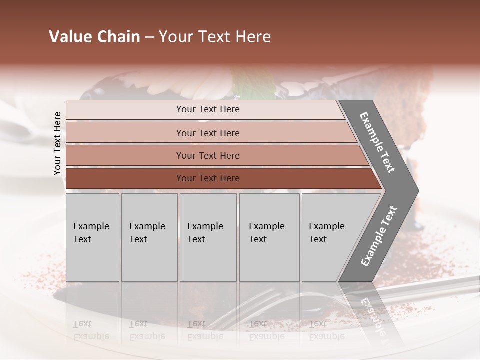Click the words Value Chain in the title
point(94,37)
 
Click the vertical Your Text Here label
point(57,143)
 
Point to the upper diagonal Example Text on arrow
point(377,142)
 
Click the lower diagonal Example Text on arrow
point(378,236)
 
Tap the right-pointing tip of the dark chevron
point(416,191)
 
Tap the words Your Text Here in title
point(215,37)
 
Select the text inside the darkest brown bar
point(208,178)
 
